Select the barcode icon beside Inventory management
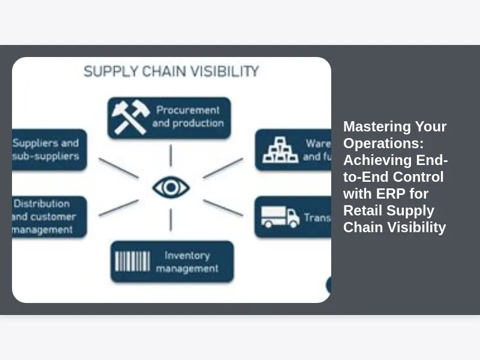(133, 262)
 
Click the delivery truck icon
(280, 217)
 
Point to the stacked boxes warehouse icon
(280, 150)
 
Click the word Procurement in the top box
(188, 110)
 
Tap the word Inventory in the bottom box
(187, 256)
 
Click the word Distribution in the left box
(42, 204)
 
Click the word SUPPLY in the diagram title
(104, 71)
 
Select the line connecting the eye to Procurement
(171, 155)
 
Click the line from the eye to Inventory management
(171, 220)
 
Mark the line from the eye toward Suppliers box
(119, 168)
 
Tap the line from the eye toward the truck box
(223, 207)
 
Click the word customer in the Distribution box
(53, 217)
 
